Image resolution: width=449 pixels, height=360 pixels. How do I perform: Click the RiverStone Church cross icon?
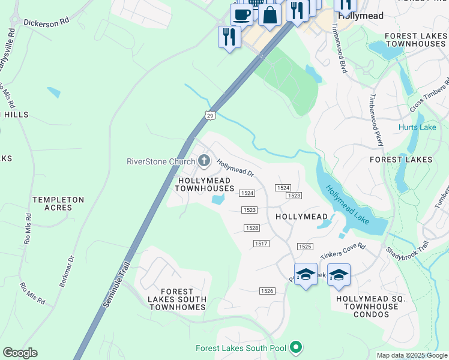click(204, 161)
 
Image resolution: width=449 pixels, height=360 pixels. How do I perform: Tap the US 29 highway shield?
click(209, 115)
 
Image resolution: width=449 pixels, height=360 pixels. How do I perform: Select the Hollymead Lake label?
click(348, 205)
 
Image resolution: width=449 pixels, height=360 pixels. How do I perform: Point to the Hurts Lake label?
click(417, 127)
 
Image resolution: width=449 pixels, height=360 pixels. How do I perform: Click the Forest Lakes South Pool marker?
click(295, 347)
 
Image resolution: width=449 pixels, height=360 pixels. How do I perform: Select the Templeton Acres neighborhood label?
click(58, 203)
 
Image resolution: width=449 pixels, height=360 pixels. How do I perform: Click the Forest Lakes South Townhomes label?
click(178, 299)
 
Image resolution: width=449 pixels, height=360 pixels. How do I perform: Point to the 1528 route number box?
click(252, 228)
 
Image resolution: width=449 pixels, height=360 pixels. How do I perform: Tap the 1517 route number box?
click(261, 243)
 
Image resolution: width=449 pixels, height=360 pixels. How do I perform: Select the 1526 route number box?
click(267, 291)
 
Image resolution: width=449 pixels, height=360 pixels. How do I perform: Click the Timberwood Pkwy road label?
click(376, 120)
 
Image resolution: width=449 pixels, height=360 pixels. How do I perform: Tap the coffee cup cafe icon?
click(241, 14)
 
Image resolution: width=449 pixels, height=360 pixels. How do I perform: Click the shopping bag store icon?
click(270, 14)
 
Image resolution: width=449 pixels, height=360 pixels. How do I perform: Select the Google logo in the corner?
click(20, 353)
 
